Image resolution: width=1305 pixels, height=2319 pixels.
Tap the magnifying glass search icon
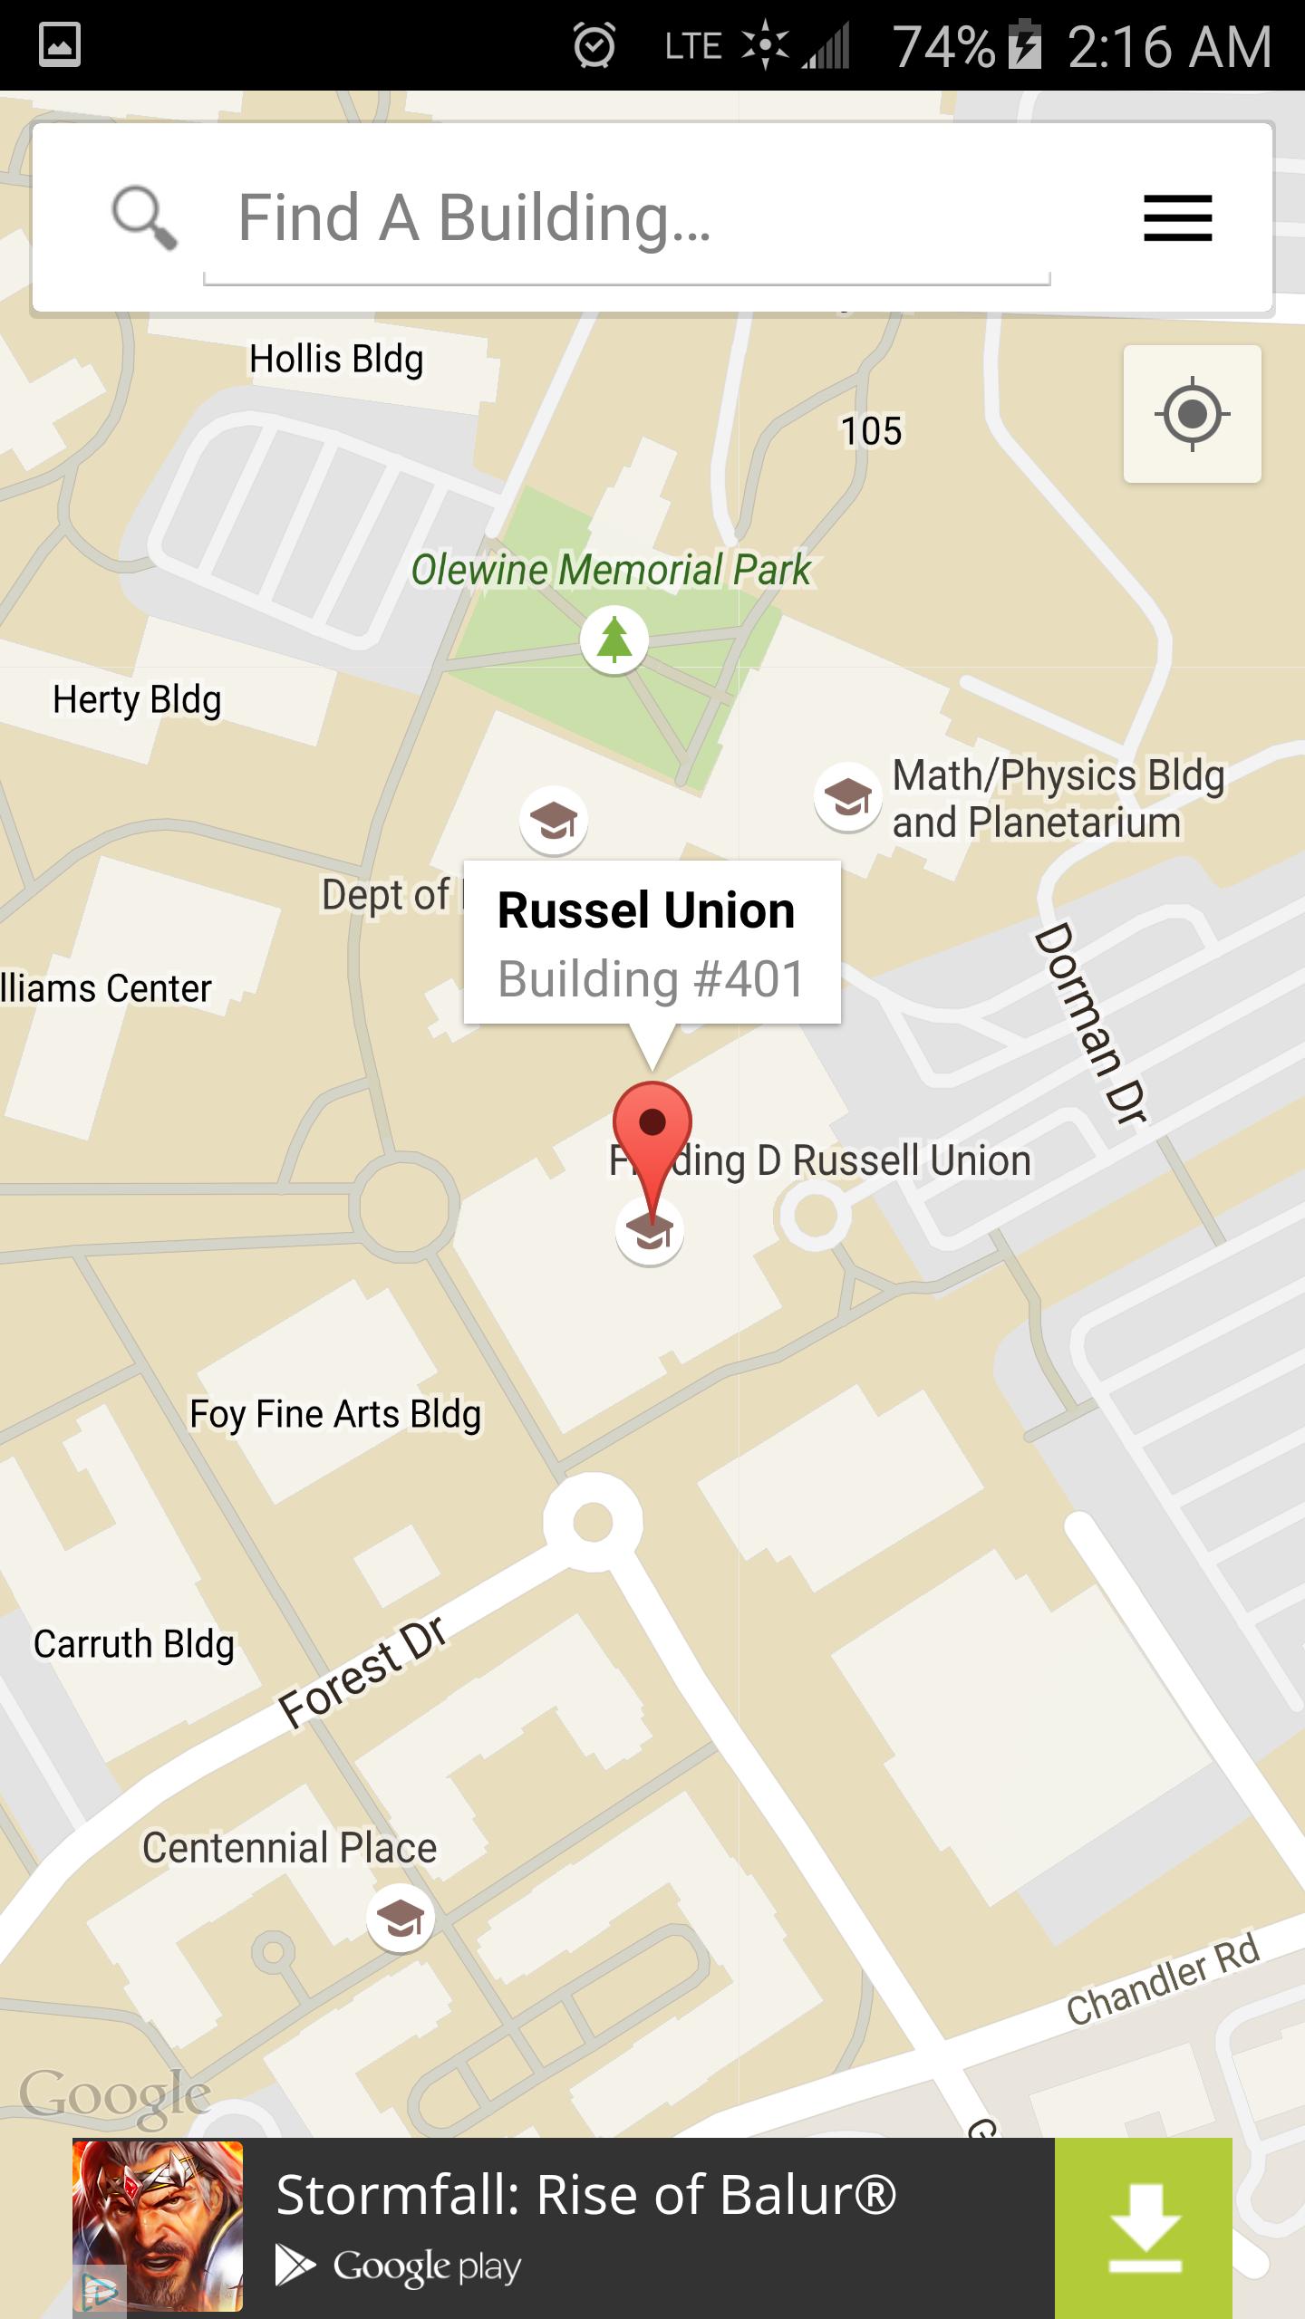pos(143,217)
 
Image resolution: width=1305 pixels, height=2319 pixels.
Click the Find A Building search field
pos(625,219)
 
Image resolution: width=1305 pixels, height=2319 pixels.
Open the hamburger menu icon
pos(1177,219)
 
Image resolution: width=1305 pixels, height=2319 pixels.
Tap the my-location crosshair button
pos(1192,414)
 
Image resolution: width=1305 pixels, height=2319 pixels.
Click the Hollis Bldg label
pos(336,360)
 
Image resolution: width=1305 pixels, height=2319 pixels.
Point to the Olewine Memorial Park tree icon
pos(614,640)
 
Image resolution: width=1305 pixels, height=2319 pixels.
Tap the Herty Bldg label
pos(137,700)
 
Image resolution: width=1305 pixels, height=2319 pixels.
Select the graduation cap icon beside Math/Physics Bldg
pos(847,797)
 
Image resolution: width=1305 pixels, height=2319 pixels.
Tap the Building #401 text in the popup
pos(651,979)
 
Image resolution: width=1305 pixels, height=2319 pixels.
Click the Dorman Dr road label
pos(1091,1024)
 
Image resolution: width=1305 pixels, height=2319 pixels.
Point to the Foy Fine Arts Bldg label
pos(335,1414)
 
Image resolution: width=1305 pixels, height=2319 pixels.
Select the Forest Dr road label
pos(362,1671)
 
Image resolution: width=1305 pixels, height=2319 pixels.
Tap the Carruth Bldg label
pos(134,1644)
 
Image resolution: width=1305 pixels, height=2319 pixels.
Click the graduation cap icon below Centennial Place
pos(400,1918)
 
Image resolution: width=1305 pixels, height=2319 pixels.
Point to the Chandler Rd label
pos(1164,1979)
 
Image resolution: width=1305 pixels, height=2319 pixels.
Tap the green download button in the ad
pos(1144,2228)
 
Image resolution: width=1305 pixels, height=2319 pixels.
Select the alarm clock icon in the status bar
pos(594,45)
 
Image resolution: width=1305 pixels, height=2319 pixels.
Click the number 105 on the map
pos(871,431)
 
